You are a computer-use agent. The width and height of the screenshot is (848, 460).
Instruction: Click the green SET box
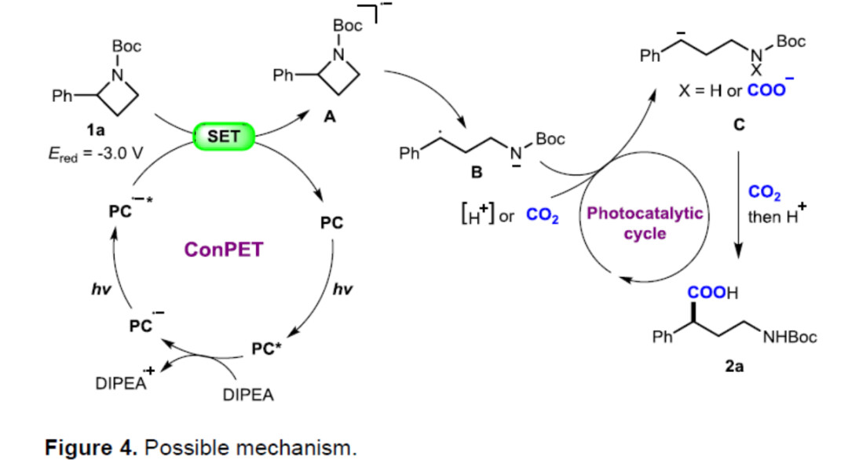tap(224, 137)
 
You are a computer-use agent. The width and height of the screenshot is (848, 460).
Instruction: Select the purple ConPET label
tap(225, 250)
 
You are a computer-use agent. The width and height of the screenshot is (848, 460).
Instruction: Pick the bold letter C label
tap(738, 125)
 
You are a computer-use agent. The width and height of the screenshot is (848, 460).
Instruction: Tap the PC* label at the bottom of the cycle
tap(266, 349)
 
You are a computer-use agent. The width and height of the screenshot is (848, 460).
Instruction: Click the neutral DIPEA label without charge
tap(249, 396)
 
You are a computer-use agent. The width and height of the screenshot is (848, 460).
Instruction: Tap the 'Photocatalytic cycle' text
tap(645, 224)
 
